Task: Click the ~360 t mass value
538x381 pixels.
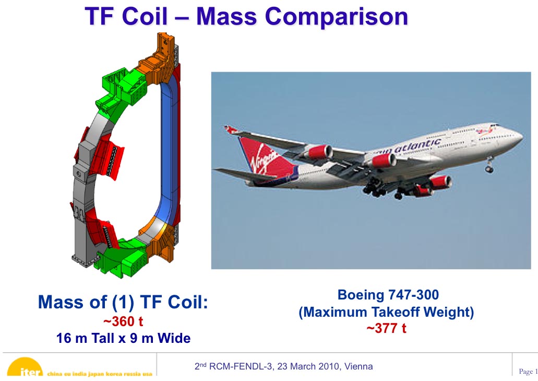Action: click(123, 321)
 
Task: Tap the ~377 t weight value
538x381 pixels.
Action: click(386, 328)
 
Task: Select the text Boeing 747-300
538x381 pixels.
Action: click(388, 295)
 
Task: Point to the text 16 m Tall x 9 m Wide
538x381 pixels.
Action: click(123, 338)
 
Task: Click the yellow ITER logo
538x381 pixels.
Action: click(25, 367)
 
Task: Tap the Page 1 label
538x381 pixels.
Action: click(528, 372)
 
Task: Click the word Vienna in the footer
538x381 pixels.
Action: click(358, 366)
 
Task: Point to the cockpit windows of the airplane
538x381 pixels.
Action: click(494, 125)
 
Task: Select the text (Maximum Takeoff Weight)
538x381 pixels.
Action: click(386, 312)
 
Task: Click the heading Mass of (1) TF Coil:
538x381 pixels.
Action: click(123, 302)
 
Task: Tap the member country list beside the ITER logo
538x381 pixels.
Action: click(100, 374)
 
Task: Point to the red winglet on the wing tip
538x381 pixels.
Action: click(231, 130)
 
